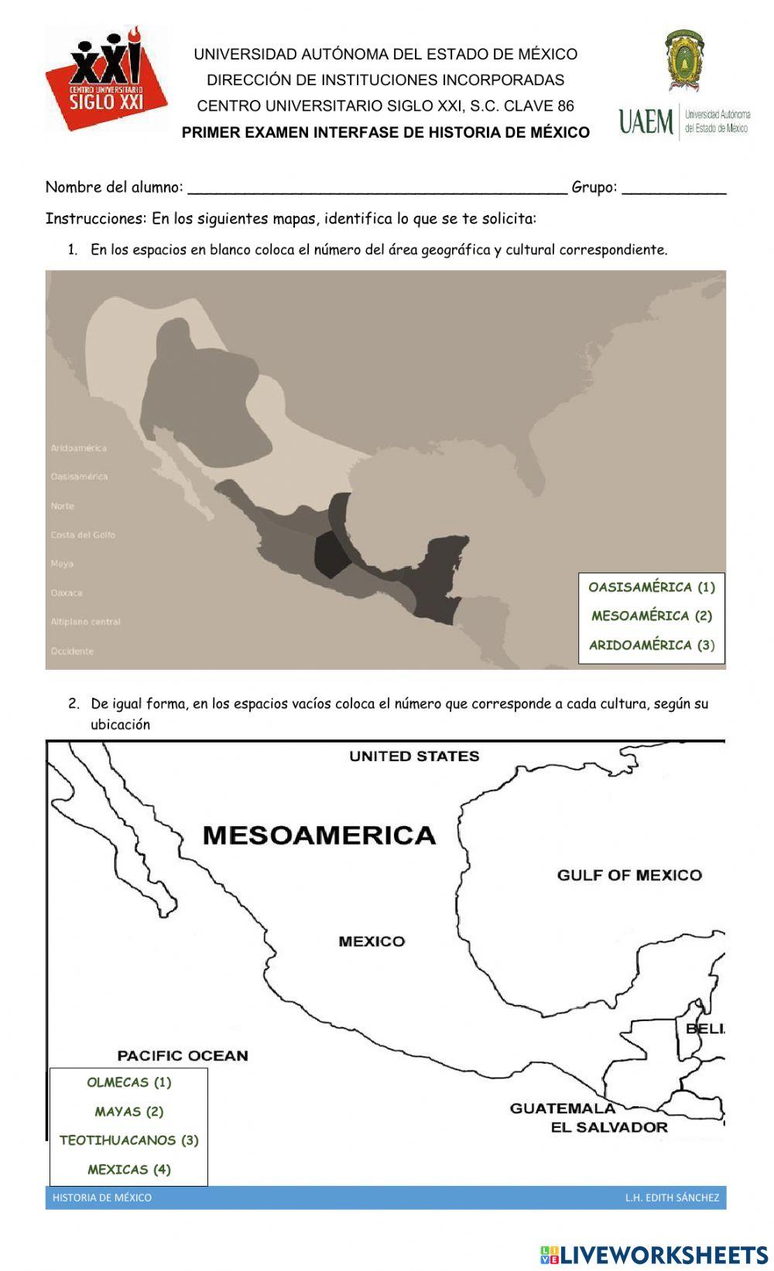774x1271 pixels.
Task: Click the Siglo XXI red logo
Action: tap(105, 78)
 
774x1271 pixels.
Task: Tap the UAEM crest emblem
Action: tap(685, 61)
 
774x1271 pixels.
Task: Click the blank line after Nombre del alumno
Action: tap(378, 188)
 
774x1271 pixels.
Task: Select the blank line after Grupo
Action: tap(673, 188)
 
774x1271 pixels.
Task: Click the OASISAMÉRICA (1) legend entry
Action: tap(652, 587)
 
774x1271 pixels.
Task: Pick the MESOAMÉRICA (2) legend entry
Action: tap(652, 616)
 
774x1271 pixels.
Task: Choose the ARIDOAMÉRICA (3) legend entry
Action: tap(652, 645)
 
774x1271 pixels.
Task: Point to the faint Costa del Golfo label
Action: tap(83, 535)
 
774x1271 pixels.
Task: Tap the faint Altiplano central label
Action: tap(86, 622)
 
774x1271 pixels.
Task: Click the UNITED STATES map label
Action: tap(414, 757)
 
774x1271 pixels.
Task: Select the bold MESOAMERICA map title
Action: tap(319, 835)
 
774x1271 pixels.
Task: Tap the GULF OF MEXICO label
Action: tap(629, 876)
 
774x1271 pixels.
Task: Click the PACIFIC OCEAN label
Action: tap(183, 1056)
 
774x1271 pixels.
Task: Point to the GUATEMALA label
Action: tap(563, 1109)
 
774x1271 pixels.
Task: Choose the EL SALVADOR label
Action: tap(609, 1128)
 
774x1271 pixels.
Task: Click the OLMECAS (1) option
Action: tap(129, 1082)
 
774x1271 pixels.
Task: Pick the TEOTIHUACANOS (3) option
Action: tap(129, 1140)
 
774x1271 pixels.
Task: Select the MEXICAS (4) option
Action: tap(129, 1170)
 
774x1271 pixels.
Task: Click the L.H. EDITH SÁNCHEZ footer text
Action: tap(672, 1198)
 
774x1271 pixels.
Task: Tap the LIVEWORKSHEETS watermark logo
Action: tap(654, 1255)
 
